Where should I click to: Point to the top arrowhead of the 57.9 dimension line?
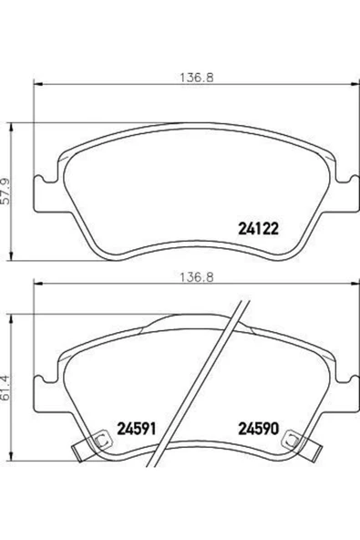coord(11,124)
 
